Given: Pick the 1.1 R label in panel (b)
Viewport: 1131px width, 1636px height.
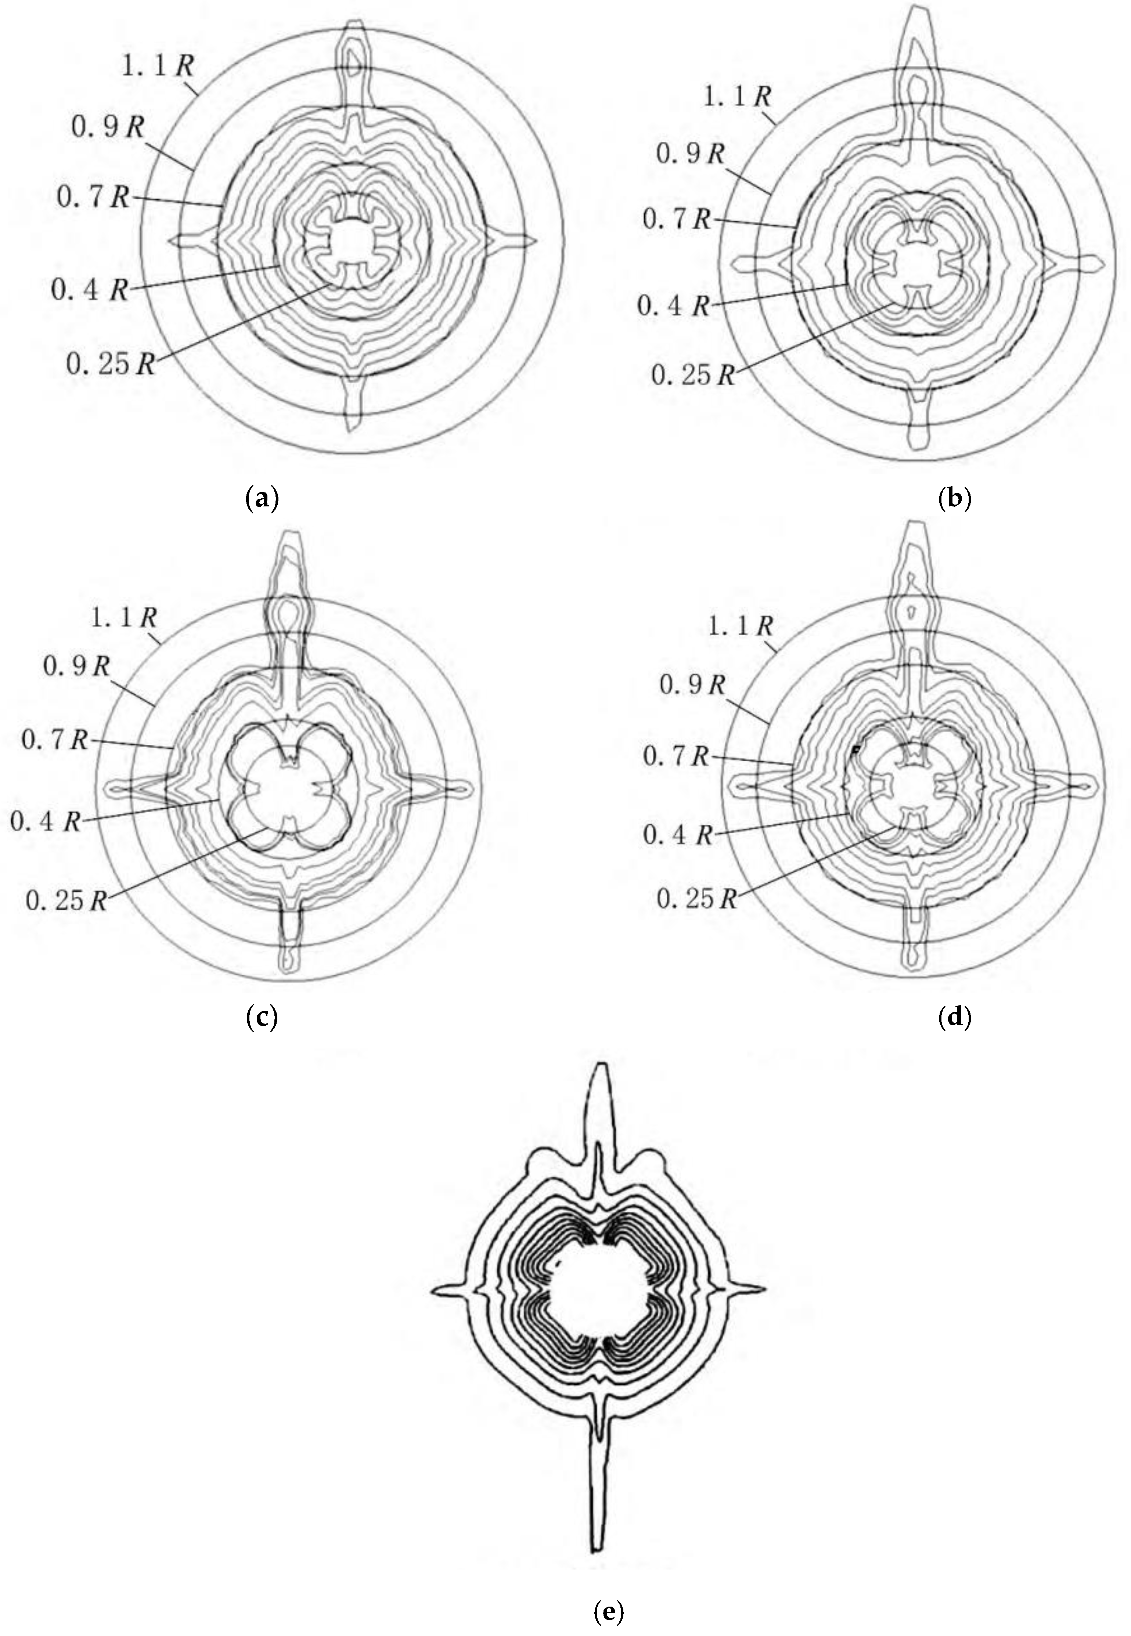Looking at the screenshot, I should tap(737, 96).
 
